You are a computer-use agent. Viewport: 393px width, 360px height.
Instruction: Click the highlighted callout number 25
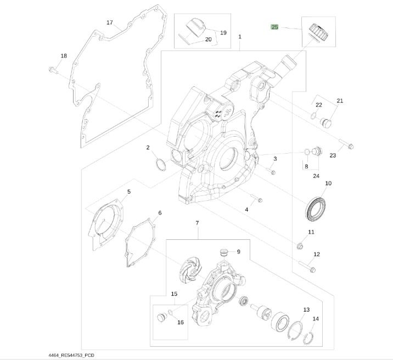coord(274,27)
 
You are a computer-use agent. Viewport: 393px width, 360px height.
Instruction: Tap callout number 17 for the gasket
coord(109,22)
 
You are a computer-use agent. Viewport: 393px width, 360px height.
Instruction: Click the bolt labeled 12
coord(307,268)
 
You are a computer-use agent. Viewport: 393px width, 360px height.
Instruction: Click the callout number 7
coord(196,223)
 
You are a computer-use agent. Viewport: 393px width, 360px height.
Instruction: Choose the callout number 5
coord(128,192)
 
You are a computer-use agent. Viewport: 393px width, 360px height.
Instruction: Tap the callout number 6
coord(159,213)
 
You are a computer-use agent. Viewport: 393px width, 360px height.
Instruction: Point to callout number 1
coord(240,37)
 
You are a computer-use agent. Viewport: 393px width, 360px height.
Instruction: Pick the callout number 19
coord(223,33)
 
